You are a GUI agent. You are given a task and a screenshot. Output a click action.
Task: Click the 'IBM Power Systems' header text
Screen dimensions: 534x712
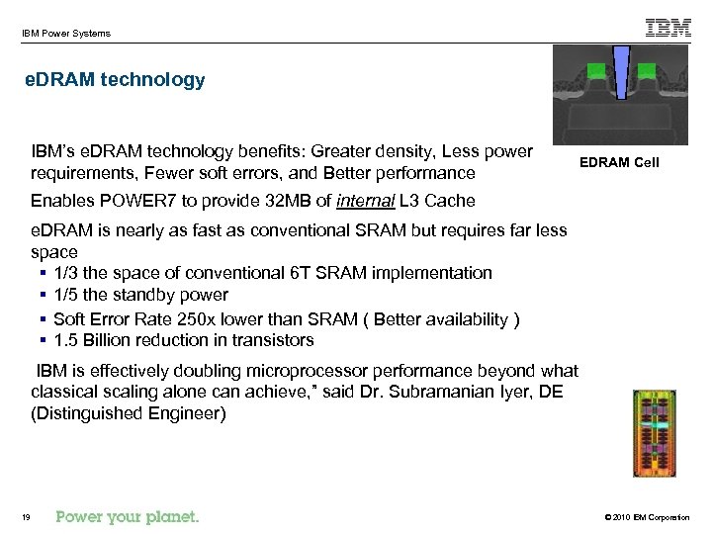65,34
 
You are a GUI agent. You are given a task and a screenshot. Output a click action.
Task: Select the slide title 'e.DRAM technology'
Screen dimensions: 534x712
115,80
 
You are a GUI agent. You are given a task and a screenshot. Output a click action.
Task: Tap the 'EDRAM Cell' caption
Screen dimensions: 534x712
620,162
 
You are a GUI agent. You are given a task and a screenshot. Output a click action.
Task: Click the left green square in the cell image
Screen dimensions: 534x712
596,71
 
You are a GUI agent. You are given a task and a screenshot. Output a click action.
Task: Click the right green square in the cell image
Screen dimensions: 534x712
646,71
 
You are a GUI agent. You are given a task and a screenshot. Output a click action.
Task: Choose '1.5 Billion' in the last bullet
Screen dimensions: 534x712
93,340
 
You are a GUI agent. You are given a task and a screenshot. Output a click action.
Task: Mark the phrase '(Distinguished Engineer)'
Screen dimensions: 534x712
129,413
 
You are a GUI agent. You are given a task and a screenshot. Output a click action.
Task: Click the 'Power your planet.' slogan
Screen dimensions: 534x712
128,516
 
